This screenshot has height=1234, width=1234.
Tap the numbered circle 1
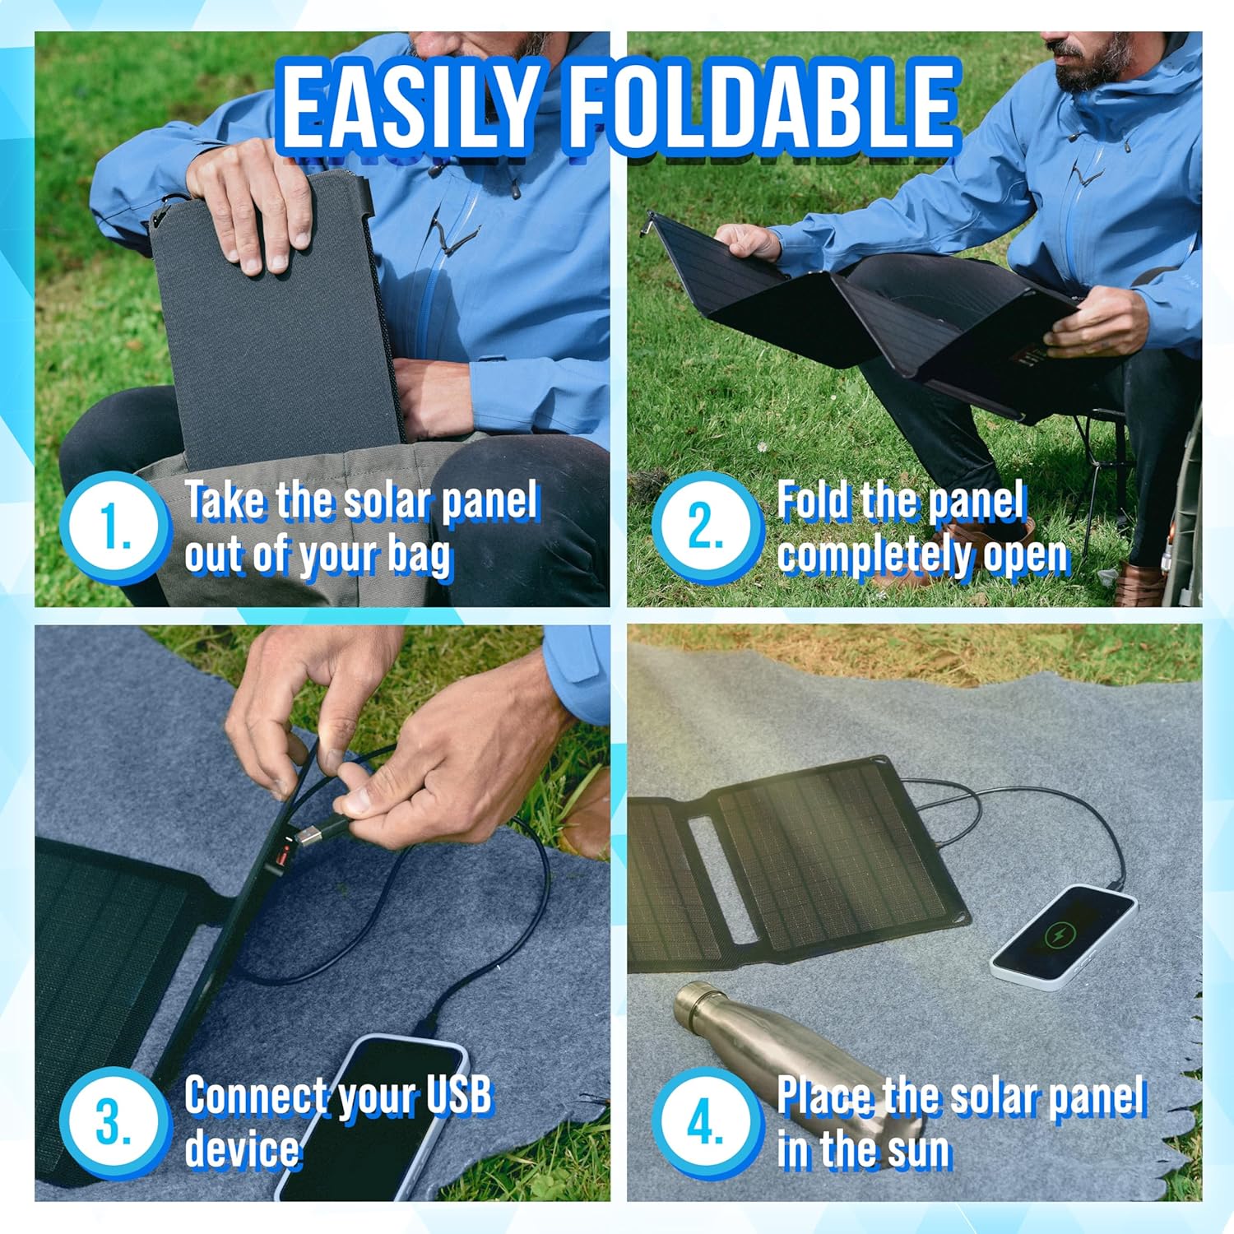(114, 527)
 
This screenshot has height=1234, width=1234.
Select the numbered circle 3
(114, 1120)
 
